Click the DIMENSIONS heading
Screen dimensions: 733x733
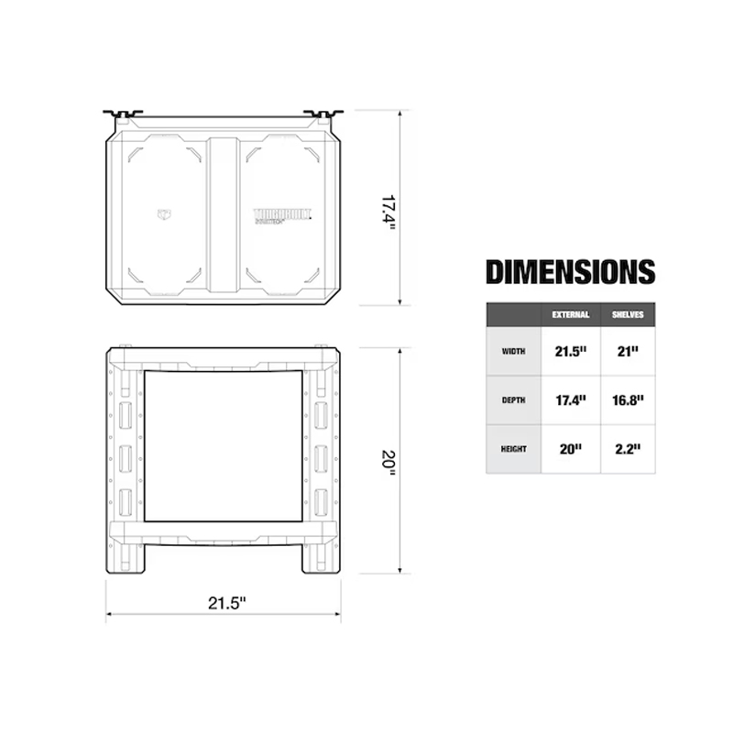[x=570, y=272]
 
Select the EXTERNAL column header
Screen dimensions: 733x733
[x=570, y=314]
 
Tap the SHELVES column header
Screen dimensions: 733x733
[x=628, y=314]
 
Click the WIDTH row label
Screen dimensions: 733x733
[x=513, y=350]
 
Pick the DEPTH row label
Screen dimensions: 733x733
[x=513, y=399]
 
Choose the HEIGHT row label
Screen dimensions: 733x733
[x=513, y=449]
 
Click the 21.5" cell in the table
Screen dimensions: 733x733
[x=570, y=350]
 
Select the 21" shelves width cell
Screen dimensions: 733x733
[x=628, y=350]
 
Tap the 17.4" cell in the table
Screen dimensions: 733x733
[x=570, y=399]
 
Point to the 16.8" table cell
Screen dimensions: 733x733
[x=628, y=399]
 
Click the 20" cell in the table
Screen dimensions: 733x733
[x=570, y=449]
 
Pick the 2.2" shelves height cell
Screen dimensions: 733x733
[x=628, y=449]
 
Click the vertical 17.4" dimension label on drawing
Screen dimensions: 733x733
[x=388, y=211]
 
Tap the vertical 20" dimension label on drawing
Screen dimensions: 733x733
[x=388, y=461]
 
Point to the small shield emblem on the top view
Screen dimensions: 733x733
[x=165, y=214]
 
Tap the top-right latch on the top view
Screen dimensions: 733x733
[x=325, y=115]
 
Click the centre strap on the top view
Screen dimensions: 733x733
[x=222, y=214]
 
